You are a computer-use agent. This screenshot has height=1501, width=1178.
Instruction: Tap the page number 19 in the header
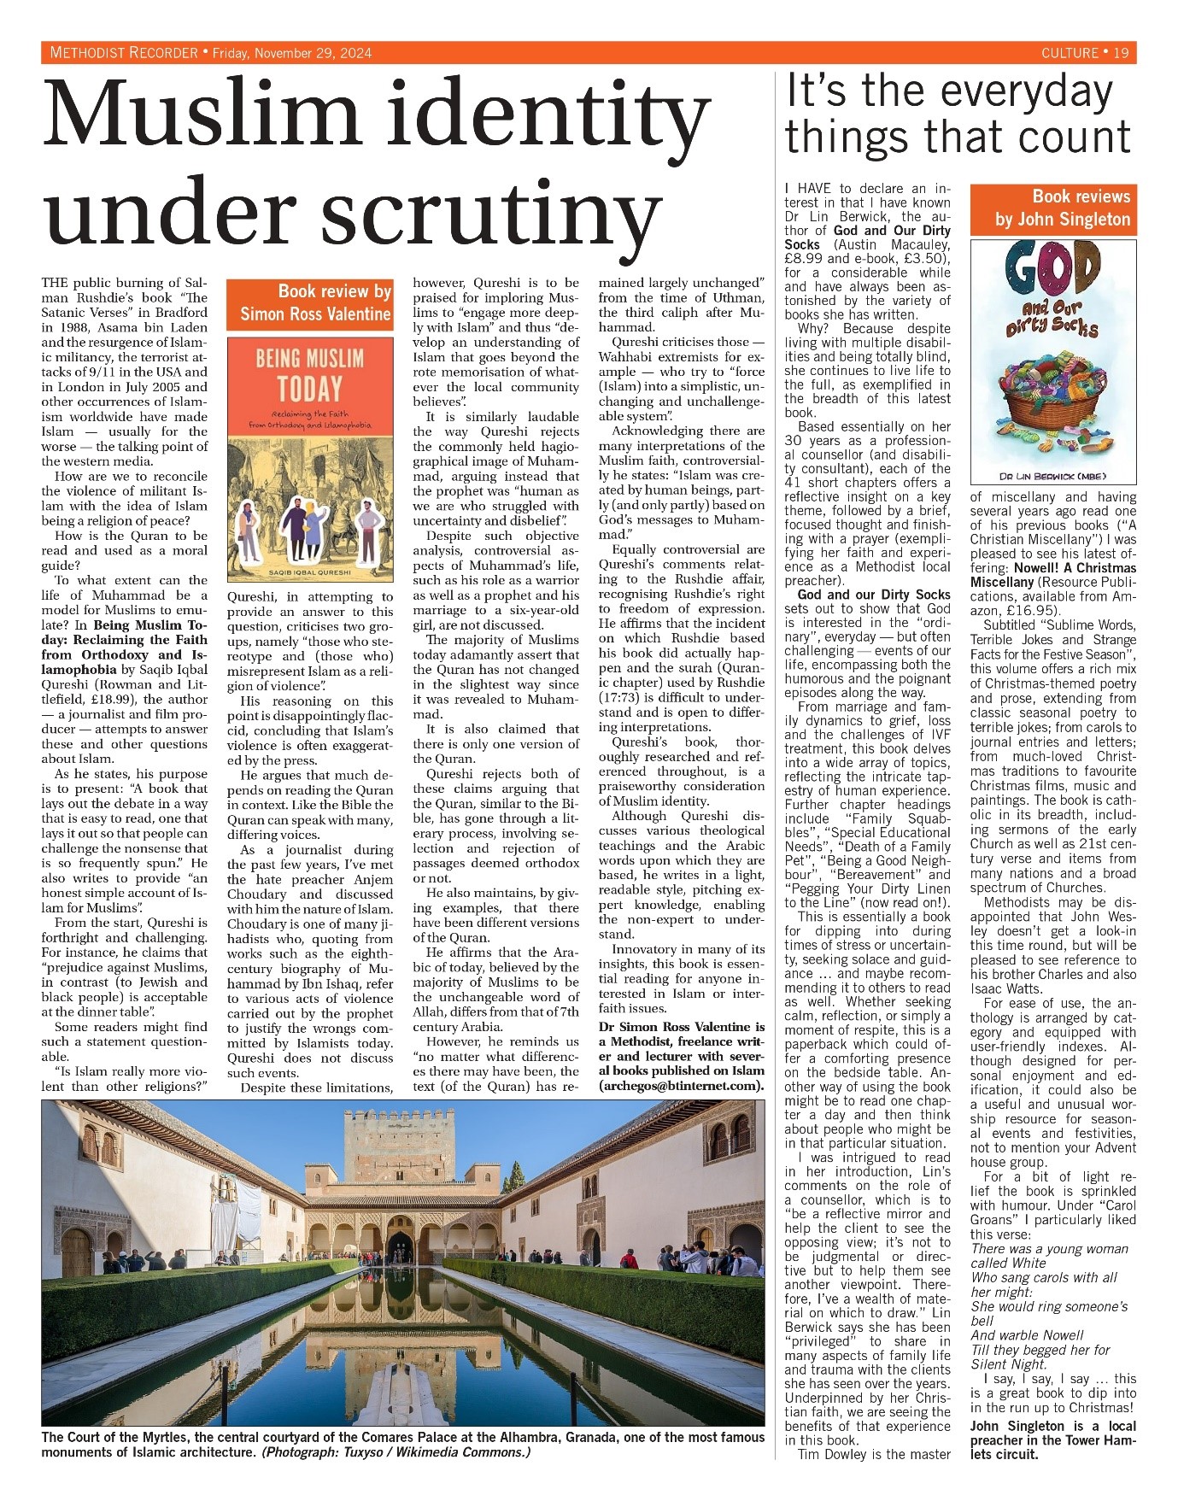point(1121,53)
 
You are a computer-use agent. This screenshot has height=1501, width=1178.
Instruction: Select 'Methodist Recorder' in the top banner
point(124,53)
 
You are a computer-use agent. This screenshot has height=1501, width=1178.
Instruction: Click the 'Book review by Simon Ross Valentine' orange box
point(309,303)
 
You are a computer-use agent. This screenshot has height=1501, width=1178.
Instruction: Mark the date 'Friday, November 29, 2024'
point(291,53)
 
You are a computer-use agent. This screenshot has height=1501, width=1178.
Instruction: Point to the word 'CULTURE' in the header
point(1070,53)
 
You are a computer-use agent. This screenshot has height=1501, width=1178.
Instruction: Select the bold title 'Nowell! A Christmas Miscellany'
point(1053,575)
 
